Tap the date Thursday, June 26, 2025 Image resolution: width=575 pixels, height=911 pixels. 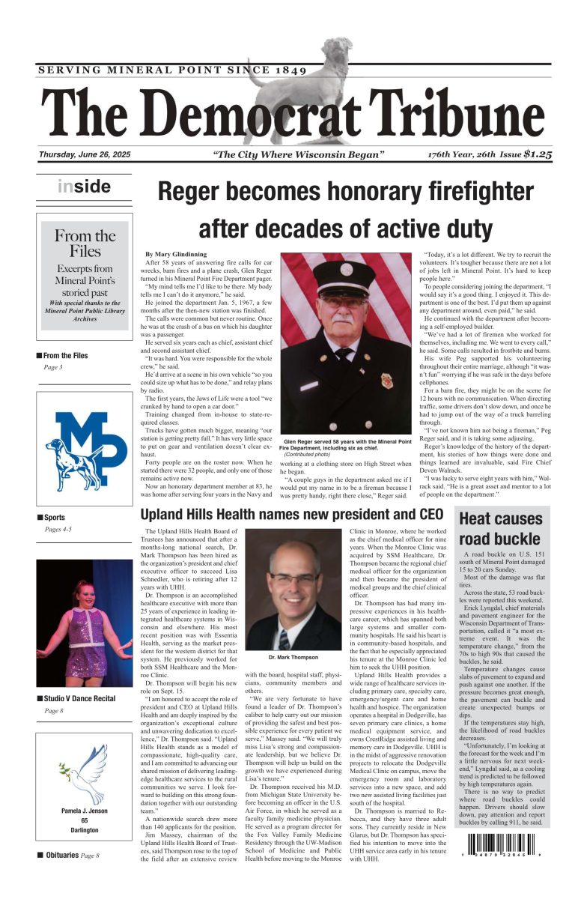point(85,155)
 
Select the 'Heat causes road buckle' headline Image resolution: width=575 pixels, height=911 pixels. point(500,528)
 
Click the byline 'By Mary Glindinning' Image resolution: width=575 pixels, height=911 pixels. point(174,255)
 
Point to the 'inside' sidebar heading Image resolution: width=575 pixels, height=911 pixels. point(84,187)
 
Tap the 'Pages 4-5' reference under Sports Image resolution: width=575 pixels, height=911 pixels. point(58,530)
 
